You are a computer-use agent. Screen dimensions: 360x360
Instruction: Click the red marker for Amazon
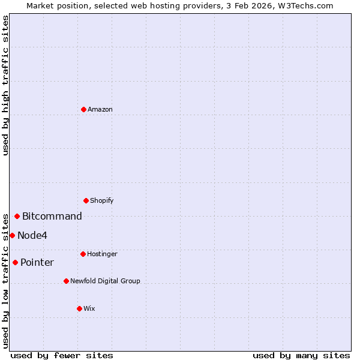point(83,109)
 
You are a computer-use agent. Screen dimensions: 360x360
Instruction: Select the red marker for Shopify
point(86,200)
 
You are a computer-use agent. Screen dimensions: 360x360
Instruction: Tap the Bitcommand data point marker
point(17,216)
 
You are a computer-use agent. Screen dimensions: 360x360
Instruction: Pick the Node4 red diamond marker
point(12,235)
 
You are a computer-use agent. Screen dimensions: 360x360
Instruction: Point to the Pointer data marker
point(15,262)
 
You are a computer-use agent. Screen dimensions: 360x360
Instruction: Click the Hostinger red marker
point(83,254)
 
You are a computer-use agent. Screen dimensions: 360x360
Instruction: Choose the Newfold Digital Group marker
point(66,281)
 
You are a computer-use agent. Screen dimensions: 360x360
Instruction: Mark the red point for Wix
point(79,308)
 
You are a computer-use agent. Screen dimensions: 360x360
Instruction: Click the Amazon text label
point(100,109)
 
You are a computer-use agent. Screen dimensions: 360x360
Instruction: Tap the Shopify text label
point(102,200)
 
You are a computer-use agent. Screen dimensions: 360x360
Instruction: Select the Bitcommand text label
point(52,216)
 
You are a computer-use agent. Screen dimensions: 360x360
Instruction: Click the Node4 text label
point(32,235)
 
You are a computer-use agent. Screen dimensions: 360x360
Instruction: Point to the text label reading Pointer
point(37,262)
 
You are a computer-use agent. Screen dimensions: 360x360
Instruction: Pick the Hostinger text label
point(102,254)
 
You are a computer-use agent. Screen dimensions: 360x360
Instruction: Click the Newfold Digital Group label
point(105,281)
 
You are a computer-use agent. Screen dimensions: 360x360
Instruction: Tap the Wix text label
point(89,308)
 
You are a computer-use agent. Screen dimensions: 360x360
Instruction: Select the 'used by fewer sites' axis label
point(62,355)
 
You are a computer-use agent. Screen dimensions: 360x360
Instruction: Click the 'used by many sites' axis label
point(301,355)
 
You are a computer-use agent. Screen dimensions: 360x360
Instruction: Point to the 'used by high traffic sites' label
point(5,85)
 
